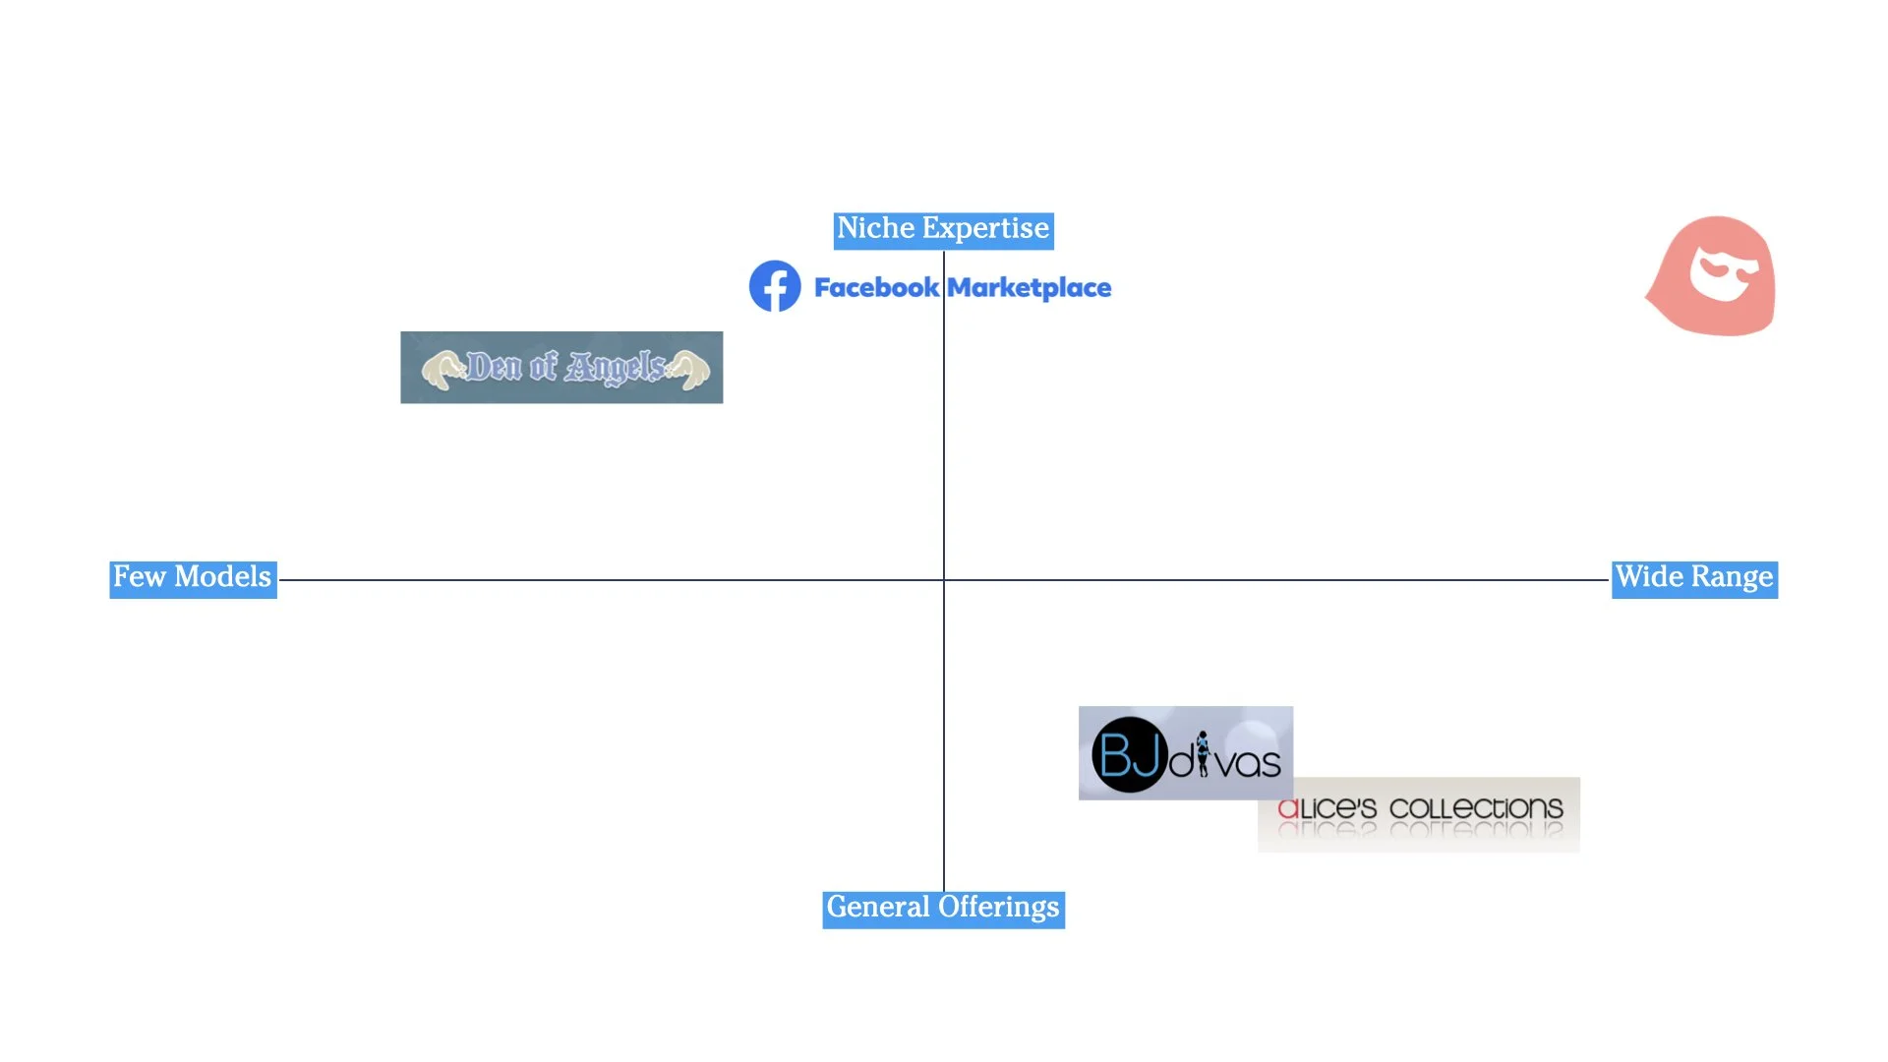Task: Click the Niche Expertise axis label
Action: click(943, 229)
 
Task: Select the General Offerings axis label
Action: click(943, 908)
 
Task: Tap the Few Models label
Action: click(193, 578)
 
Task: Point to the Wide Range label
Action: click(1694, 578)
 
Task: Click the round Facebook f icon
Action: click(775, 286)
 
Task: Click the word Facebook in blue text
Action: click(876, 288)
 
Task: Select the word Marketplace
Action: click(1030, 288)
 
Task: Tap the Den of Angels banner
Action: click(561, 367)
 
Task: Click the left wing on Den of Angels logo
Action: click(442, 370)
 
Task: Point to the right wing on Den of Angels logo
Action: click(688, 370)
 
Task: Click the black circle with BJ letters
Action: click(1129, 755)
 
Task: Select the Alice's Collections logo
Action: click(1418, 814)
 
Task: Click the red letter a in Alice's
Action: click(1288, 809)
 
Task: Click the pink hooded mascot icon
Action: click(1713, 276)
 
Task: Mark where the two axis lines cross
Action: click(944, 580)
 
